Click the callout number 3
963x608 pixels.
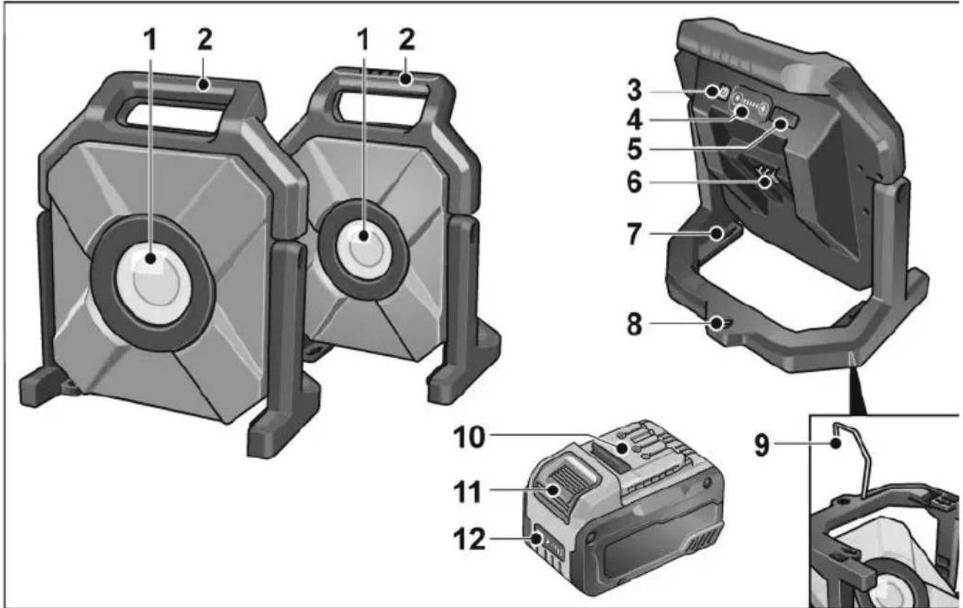pos(635,92)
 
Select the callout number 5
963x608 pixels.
pos(635,148)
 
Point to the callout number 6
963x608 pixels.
pos(635,182)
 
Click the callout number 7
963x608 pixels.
pos(635,235)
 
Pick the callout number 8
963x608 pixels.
pos(635,324)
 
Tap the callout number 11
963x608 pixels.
pos(468,492)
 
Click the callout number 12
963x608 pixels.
pos(469,539)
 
